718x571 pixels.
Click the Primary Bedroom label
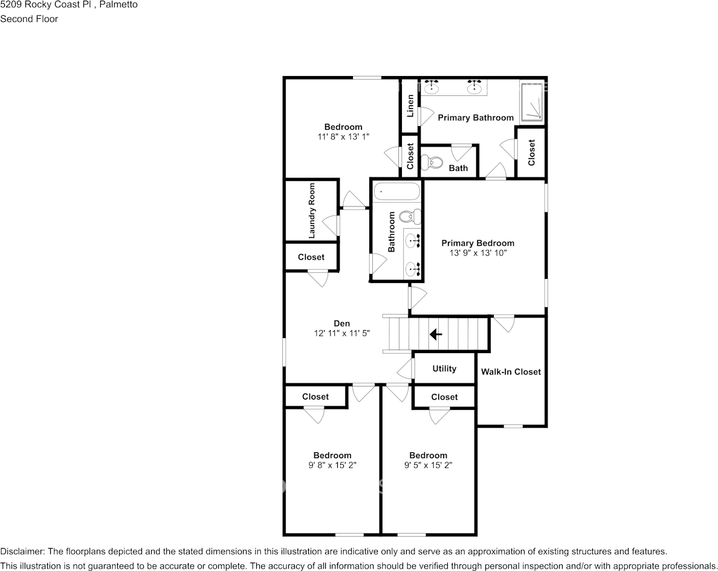(477, 243)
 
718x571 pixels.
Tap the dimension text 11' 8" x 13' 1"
(343, 137)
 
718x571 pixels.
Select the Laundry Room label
(312, 209)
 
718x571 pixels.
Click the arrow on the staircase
(435, 334)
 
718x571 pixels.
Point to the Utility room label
(444, 369)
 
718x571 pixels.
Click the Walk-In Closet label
(511, 372)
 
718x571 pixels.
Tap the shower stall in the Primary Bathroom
(532, 101)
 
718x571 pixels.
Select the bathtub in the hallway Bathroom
(396, 193)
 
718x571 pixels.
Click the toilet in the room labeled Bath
(433, 162)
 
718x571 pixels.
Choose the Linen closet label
(410, 106)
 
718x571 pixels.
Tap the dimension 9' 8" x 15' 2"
(332, 465)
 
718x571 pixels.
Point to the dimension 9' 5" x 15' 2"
(428, 465)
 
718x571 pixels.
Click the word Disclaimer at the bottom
(22, 552)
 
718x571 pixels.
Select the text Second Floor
(29, 19)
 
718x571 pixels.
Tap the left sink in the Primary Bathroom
(432, 89)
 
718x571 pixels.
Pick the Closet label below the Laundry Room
(311, 257)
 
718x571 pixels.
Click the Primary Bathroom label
(476, 118)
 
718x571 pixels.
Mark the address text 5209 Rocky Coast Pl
(46, 5)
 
